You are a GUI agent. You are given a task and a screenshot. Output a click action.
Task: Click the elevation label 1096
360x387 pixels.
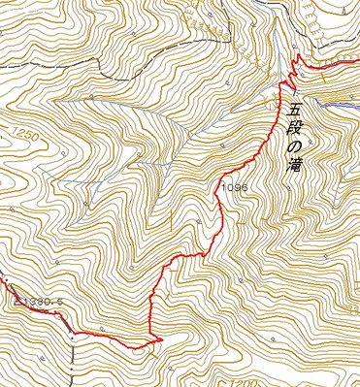(236, 183)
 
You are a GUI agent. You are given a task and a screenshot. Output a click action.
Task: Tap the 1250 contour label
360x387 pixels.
(26, 139)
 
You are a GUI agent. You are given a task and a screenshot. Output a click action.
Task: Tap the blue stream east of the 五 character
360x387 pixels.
(335, 103)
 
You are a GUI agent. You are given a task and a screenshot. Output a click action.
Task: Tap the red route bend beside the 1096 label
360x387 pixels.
(215, 190)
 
